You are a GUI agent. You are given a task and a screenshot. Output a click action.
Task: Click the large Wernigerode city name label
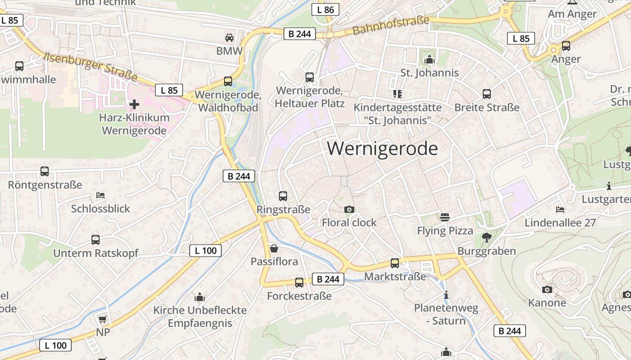(x=382, y=148)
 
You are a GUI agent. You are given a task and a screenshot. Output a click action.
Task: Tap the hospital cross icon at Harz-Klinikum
(x=134, y=104)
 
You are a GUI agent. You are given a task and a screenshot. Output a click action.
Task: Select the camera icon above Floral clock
(x=349, y=209)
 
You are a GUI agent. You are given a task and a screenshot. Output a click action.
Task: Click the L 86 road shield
(x=325, y=9)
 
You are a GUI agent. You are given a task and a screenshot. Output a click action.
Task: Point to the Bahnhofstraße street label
(x=390, y=25)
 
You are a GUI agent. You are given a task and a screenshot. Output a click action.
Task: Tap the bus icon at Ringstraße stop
(x=283, y=196)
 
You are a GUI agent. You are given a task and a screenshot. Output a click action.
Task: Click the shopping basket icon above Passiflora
(x=274, y=248)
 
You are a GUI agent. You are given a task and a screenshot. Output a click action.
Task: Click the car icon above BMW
(x=229, y=37)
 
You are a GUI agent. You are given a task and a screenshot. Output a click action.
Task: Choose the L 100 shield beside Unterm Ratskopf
(x=206, y=251)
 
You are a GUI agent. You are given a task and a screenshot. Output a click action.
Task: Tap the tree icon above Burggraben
(x=486, y=238)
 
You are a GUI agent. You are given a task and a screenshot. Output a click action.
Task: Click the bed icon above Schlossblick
(x=101, y=195)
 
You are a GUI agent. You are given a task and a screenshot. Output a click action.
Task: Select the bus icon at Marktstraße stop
(x=395, y=263)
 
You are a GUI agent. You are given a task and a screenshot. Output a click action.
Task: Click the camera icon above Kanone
(x=547, y=289)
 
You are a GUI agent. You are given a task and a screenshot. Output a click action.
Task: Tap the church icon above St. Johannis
(x=429, y=59)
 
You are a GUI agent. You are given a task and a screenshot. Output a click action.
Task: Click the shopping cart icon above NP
(x=103, y=319)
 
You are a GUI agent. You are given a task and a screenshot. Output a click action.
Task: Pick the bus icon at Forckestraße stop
(x=299, y=283)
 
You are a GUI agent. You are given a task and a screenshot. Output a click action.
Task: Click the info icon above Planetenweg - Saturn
(x=446, y=295)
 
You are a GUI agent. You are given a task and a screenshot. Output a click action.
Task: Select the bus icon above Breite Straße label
(x=487, y=94)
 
